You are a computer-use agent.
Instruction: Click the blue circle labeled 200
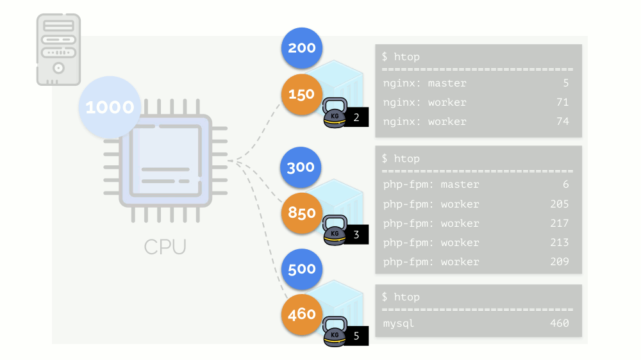pyautogui.click(x=301, y=48)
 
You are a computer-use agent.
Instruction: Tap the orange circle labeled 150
pyautogui.click(x=301, y=94)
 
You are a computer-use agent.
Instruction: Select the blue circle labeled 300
pyautogui.click(x=301, y=167)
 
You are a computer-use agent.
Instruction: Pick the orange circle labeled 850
pyautogui.click(x=301, y=212)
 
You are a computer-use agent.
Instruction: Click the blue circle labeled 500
pyautogui.click(x=301, y=268)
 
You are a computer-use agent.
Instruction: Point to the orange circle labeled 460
pyautogui.click(x=301, y=314)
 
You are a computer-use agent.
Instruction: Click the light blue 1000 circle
pyautogui.click(x=110, y=107)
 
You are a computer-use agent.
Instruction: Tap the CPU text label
pyautogui.click(x=165, y=247)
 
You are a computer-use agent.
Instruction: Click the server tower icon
pyautogui.click(x=58, y=50)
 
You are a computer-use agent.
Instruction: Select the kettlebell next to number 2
pyautogui.click(x=334, y=113)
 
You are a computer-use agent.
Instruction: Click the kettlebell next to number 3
pyautogui.click(x=334, y=231)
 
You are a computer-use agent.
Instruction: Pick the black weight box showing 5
pyautogui.click(x=356, y=335)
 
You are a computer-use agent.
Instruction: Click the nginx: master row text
pyautogui.click(x=424, y=83)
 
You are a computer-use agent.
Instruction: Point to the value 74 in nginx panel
pyautogui.click(x=562, y=122)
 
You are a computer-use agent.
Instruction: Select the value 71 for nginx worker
pyautogui.click(x=562, y=102)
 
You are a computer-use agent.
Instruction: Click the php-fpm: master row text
pyautogui.click(x=431, y=184)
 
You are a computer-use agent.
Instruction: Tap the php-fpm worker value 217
pyautogui.click(x=559, y=224)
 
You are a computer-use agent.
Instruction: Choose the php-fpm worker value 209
pyautogui.click(x=559, y=262)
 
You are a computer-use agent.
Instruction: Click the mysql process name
pyautogui.click(x=399, y=323)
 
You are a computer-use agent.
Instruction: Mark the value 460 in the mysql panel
pyautogui.click(x=559, y=323)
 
